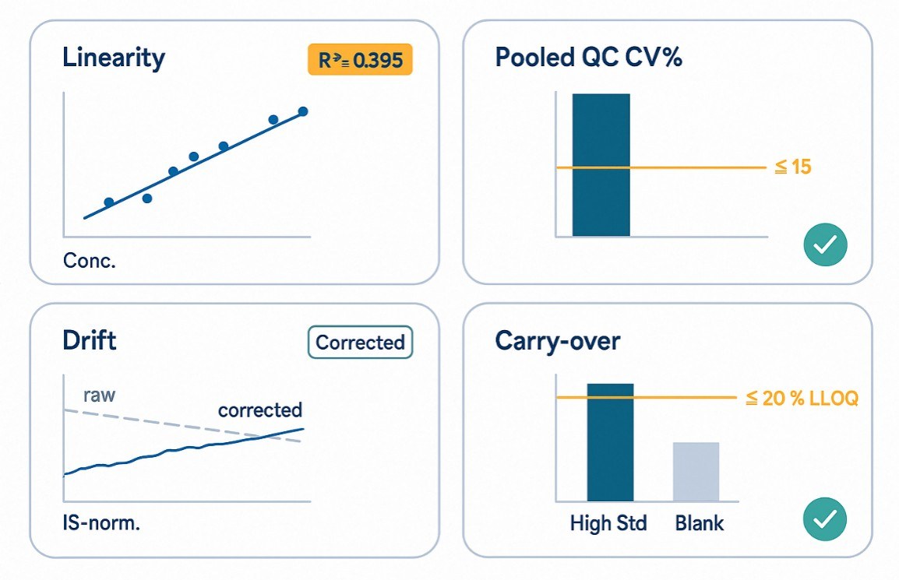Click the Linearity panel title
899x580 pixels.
pos(114,58)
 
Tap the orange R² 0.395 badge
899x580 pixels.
pos(360,60)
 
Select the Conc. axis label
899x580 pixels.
pos(89,261)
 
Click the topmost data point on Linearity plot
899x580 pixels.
pos(303,111)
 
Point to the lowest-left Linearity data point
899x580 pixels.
pos(109,202)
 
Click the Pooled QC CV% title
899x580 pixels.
pos(588,58)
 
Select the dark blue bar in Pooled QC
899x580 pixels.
pos(601,164)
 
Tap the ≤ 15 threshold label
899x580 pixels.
pos(793,167)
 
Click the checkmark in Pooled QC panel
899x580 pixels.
pos(825,247)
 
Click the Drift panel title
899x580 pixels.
pos(89,340)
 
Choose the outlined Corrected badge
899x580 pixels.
pos(360,343)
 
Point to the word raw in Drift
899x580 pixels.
pos(99,395)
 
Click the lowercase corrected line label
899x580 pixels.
pos(259,410)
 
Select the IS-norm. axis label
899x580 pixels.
pos(101,523)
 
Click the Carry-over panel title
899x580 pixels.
pos(557,341)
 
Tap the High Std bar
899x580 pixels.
pos(610,442)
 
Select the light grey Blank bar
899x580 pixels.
pos(696,472)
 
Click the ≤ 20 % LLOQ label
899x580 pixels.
pos(802,399)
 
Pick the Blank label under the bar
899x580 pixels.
pos(699,523)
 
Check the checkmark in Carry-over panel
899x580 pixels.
pos(825,518)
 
